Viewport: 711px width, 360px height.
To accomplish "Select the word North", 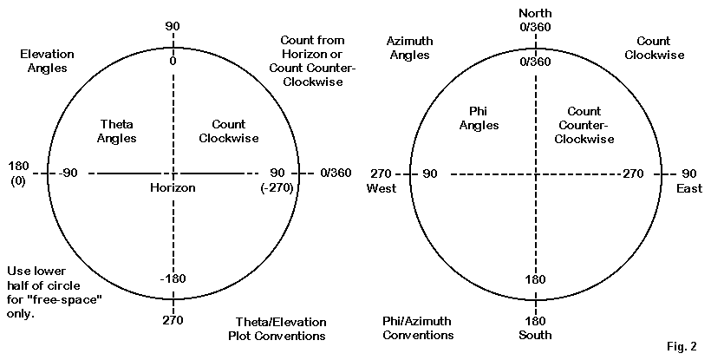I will [534, 13].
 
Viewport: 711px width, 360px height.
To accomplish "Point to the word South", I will [534, 336].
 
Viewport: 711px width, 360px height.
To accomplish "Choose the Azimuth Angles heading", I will [410, 48].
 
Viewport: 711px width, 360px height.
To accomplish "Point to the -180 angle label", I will [172, 278].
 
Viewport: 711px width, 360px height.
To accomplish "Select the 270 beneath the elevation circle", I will [173, 321].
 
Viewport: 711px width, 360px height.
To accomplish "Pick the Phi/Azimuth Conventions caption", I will [417, 328].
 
